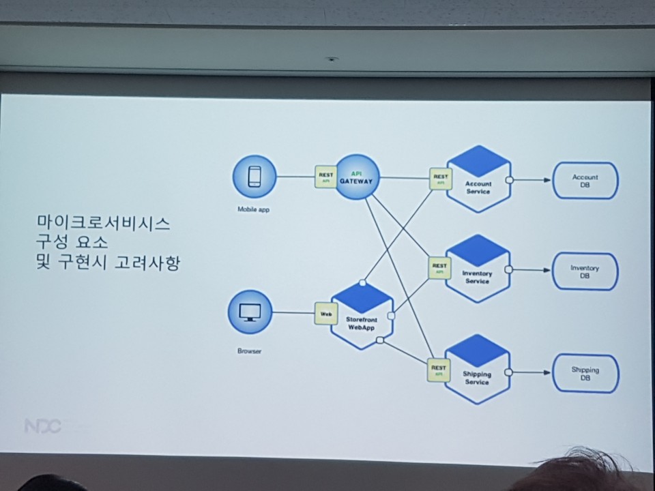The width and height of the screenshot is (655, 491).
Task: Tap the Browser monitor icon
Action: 250,313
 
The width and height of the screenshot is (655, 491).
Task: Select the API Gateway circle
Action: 357,178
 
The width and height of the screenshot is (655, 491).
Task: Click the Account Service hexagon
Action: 478,180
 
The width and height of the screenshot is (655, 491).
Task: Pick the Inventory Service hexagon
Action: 478,270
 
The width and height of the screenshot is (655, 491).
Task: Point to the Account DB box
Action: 585,181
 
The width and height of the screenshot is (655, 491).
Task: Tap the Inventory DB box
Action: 585,271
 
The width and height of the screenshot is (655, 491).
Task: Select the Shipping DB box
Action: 585,373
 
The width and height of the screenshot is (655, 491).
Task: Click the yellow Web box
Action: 325,314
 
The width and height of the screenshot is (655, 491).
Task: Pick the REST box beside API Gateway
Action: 325,177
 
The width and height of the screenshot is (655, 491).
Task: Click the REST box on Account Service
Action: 440,179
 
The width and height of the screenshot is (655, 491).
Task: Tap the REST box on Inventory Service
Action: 439,267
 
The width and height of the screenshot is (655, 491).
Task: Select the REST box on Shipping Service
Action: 439,369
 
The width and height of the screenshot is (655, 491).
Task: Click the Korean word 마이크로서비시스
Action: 103,223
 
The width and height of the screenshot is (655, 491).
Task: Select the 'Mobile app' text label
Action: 253,209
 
